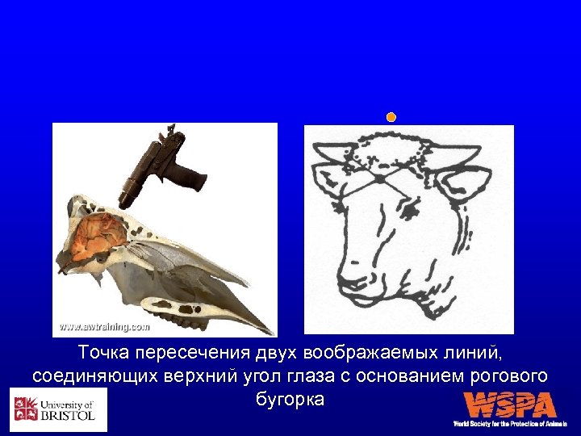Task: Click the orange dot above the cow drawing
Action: click(391, 118)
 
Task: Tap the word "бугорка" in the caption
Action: click(290, 399)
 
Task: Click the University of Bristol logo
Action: click(58, 409)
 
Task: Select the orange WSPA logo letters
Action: click(509, 405)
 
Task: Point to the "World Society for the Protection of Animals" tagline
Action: click(509, 423)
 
